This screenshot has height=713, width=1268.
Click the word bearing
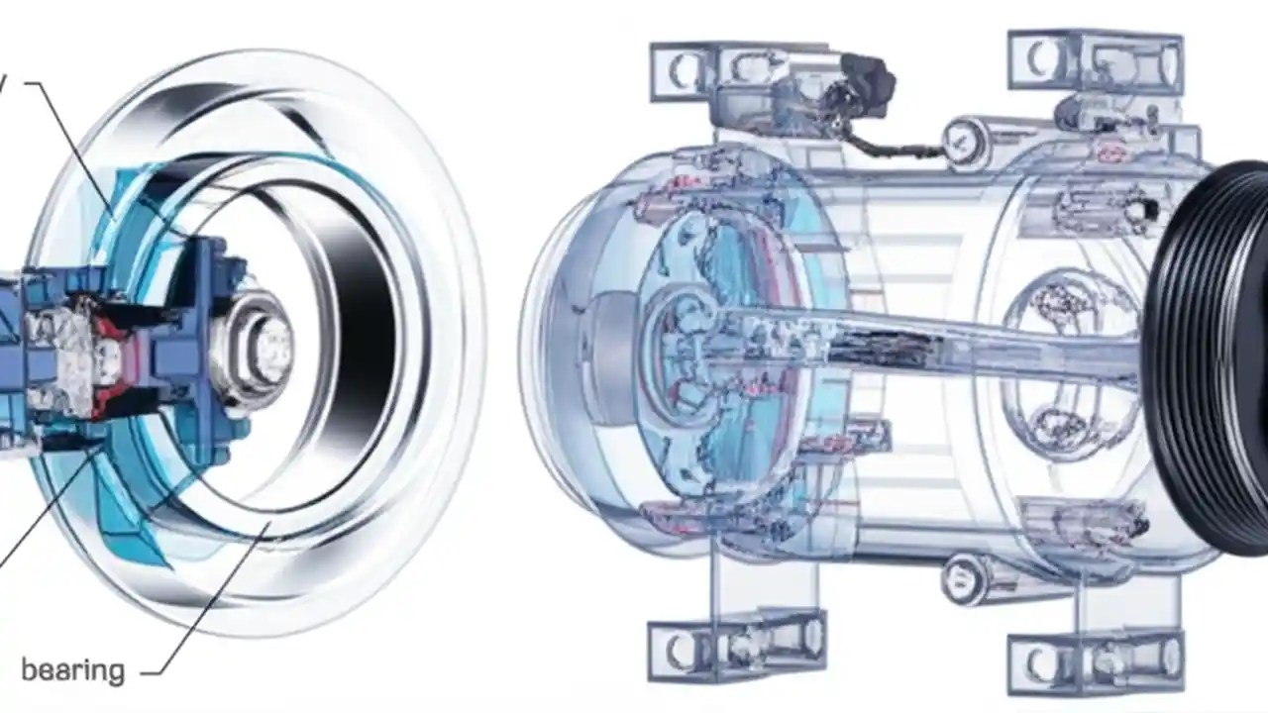click(x=72, y=670)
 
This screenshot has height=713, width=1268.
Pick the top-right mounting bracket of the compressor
click(x=1095, y=59)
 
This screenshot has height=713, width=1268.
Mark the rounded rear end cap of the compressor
click(x=565, y=347)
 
